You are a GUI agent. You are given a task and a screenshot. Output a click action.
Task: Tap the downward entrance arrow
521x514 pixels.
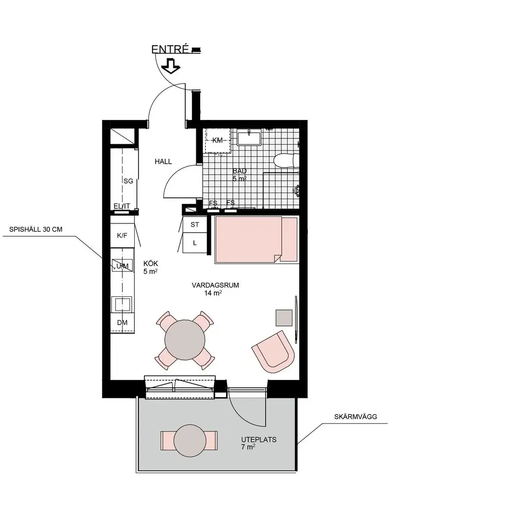point(171,66)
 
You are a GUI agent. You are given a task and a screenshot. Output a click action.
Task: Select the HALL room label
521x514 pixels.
point(163,162)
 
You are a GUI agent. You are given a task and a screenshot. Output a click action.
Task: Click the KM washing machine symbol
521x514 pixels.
point(217,140)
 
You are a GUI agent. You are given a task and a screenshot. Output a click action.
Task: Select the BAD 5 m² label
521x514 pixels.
point(240,175)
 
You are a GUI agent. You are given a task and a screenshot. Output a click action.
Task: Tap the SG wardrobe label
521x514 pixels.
point(128,181)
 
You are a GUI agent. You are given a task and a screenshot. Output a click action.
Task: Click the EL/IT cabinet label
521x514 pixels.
point(122,206)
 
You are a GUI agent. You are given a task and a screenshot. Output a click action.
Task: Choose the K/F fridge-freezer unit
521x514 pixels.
point(122,236)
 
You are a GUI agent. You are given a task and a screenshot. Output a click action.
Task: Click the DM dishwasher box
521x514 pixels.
point(122,323)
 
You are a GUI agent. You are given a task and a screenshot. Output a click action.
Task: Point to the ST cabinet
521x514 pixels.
point(195,224)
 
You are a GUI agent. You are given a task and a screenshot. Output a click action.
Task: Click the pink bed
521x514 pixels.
point(256,240)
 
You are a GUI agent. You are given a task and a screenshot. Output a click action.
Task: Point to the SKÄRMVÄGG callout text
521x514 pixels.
point(356,417)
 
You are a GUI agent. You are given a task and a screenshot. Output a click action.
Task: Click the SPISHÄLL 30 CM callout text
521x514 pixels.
point(36,229)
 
